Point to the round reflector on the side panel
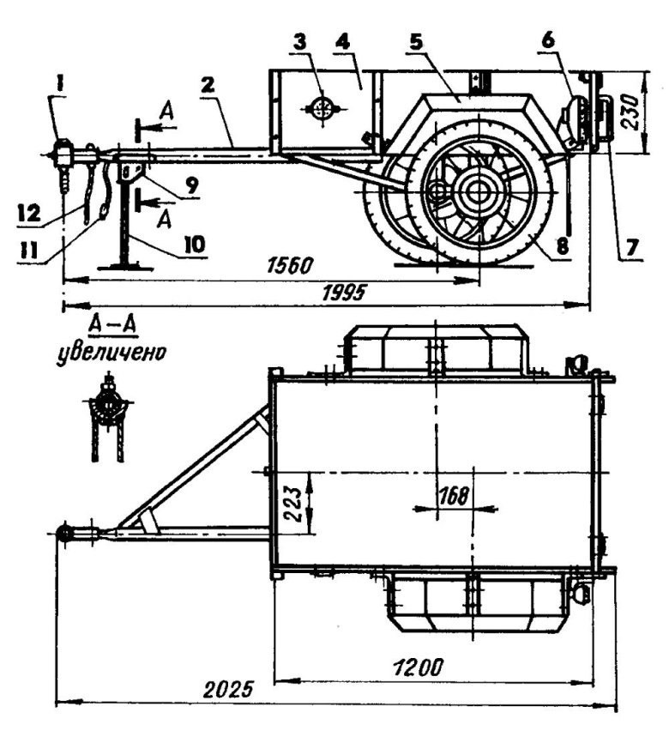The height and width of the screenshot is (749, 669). pyautogui.click(x=322, y=109)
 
